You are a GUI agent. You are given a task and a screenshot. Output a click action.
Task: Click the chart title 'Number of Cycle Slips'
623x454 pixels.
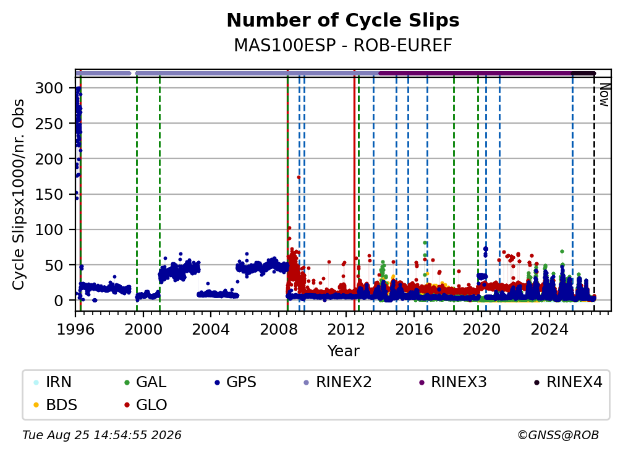[343, 20]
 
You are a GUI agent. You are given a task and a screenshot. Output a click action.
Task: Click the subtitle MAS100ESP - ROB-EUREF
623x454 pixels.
[343, 46]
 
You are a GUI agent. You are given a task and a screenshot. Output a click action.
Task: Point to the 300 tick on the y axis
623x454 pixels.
[49, 88]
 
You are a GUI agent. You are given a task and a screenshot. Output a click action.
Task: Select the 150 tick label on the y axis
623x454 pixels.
[49, 194]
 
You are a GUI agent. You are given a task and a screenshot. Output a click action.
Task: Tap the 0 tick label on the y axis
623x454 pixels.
[58, 301]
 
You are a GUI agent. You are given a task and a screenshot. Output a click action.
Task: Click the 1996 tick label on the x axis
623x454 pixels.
[75, 330]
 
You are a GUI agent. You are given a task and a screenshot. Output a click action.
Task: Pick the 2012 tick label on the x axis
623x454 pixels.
[346, 330]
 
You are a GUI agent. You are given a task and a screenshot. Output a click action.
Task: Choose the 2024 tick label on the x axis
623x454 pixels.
[549, 330]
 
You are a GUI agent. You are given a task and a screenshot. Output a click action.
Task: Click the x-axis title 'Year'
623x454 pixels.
[343, 351]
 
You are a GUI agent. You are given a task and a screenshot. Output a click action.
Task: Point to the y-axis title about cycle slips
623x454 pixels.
[19, 194]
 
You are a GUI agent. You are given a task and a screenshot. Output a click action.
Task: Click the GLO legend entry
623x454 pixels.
[145, 405]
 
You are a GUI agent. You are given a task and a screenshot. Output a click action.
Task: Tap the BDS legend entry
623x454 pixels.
[55, 405]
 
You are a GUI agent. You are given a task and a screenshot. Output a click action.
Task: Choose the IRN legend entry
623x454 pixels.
[53, 382]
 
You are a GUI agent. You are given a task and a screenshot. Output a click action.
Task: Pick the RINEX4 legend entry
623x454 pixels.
[568, 382]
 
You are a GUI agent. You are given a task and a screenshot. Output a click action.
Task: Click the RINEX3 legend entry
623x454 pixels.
[453, 382]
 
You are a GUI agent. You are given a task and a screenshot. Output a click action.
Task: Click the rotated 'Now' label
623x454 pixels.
[604, 95]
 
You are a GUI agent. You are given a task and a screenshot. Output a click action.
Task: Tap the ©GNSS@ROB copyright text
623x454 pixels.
[558, 435]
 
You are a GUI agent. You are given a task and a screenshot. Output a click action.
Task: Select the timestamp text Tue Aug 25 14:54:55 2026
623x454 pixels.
[102, 435]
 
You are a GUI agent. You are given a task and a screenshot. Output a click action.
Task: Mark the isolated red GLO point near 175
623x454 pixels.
[299, 178]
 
